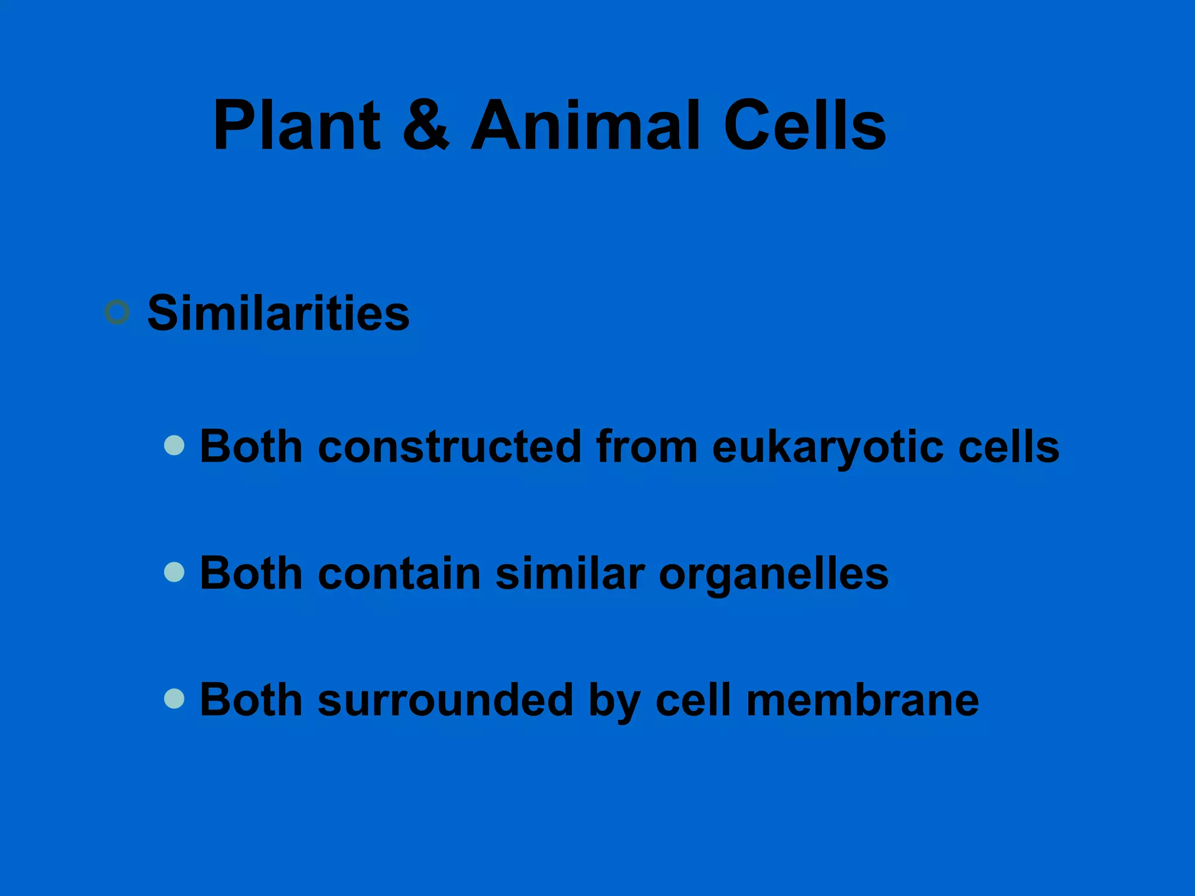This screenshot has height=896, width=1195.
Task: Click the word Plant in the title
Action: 296,125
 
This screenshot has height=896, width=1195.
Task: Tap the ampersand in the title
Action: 426,125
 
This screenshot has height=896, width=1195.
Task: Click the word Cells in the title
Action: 805,125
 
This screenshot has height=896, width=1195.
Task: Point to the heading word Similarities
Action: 278,313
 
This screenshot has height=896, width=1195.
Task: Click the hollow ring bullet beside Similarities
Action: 117,312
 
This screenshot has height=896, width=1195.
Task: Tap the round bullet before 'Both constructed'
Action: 174,446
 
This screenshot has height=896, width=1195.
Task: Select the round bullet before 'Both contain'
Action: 174,572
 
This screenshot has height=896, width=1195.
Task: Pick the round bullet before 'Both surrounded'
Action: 174,699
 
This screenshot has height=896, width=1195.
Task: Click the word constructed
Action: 449,447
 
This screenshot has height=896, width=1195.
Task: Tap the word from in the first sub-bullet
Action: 647,447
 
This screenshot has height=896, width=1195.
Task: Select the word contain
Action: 399,573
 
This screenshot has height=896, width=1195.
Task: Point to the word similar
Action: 570,573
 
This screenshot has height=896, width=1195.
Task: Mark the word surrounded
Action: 445,700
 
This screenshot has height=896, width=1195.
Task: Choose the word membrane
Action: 862,700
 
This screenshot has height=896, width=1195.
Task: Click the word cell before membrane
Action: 693,700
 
